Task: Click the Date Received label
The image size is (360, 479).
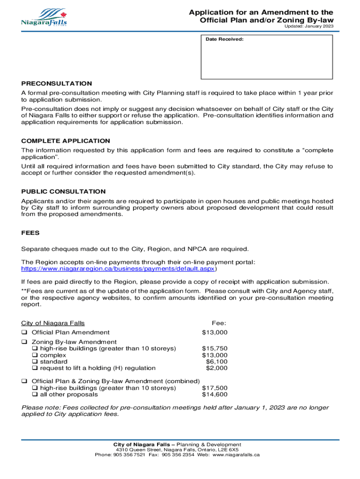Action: point(224,39)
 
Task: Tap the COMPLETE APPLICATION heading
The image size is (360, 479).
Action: point(66,141)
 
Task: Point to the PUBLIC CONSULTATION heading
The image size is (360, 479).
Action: point(64,191)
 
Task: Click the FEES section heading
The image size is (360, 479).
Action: point(30,232)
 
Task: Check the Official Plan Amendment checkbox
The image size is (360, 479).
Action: point(24,333)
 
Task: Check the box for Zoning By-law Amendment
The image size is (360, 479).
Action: point(24,342)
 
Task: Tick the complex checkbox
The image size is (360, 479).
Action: point(35,355)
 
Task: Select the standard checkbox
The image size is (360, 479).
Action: point(35,362)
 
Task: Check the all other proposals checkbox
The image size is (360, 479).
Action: point(35,394)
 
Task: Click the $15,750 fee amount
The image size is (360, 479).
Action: point(215,348)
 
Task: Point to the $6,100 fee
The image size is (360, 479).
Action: point(216,362)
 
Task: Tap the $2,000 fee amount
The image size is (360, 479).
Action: point(216,368)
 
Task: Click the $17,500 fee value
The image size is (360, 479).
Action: point(215,388)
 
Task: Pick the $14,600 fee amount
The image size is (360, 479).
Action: point(215,394)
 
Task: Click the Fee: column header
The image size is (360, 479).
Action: point(219,323)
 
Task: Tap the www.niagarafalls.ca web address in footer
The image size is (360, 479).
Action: point(236,455)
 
